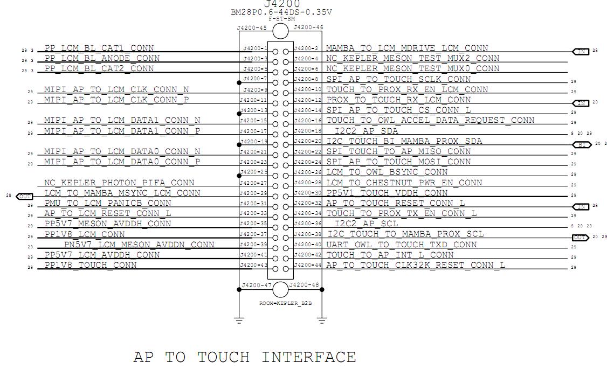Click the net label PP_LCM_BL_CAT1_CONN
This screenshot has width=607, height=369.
coord(99,48)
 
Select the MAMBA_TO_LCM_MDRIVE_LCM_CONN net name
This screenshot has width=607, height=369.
coord(407,48)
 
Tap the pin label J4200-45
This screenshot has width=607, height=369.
coord(252,27)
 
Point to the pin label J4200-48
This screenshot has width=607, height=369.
coord(305,285)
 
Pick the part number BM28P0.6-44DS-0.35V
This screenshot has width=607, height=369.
coord(281,12)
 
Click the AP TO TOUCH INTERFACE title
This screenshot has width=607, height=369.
coord(244,357)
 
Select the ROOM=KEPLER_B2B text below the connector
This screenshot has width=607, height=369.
coord(285,303)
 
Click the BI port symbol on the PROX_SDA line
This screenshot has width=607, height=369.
coord(581,145)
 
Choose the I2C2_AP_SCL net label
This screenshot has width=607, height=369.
coord(367,224)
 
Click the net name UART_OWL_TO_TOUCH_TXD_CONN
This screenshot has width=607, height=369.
coord(402,245)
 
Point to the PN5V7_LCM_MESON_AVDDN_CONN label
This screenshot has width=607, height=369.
coord(139,245)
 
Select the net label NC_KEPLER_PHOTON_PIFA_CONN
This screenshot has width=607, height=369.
coord(119,183)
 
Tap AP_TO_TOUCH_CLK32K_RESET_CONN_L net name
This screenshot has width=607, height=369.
coord(416,265)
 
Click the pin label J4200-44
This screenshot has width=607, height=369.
coord(308,264)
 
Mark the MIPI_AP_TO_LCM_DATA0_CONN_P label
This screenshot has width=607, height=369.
coord(122,162)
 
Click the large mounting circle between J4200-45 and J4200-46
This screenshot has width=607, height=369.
coord(280,31)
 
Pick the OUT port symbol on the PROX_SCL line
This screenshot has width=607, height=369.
coord(580,238)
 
